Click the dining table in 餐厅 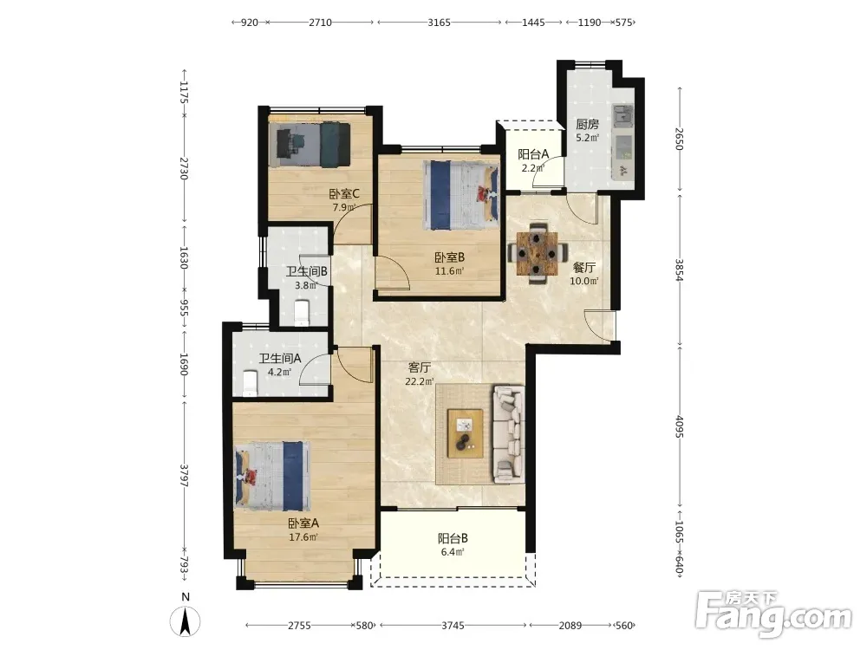pos(538,253)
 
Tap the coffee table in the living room pos(465,433)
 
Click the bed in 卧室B pos(460,194)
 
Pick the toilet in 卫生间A pos(250,384)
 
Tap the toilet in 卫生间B pos(302,312)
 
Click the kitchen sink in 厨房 pos(623,115)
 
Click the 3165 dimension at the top pos(439,23)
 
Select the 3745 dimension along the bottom pos(453,626)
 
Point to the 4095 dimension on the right pos(680,426)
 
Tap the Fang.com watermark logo pos(773,613)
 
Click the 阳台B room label pos(453,538)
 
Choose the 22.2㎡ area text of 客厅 pos(419,380)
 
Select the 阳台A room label pos(533,154)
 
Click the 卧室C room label pos(344,194)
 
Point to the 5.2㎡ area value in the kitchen pos(587,138)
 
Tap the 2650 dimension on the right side pos(680,140)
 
